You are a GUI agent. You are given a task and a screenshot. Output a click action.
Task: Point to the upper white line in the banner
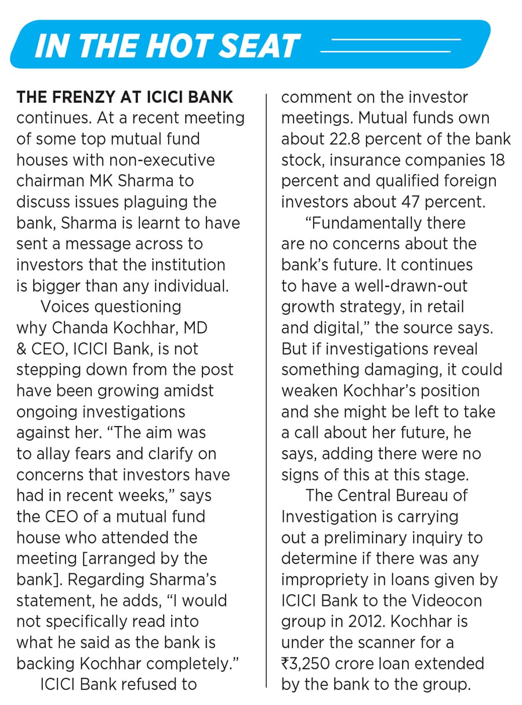click(395, 39)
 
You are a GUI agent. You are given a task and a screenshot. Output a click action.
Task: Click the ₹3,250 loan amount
click(311, 663)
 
